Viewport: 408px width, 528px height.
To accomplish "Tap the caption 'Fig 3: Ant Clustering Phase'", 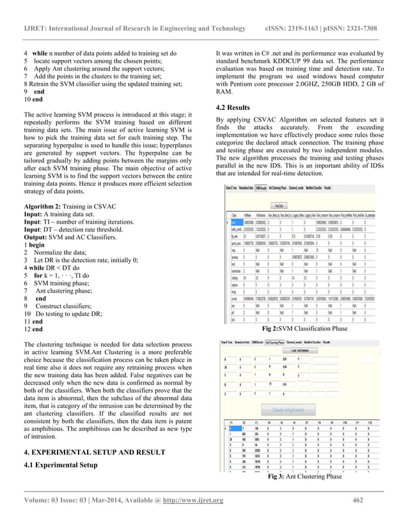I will [x=304, y=477].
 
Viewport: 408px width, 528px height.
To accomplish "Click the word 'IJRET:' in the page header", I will [x=37, y=29].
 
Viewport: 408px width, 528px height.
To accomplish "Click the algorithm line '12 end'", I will [x=33, y=329].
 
